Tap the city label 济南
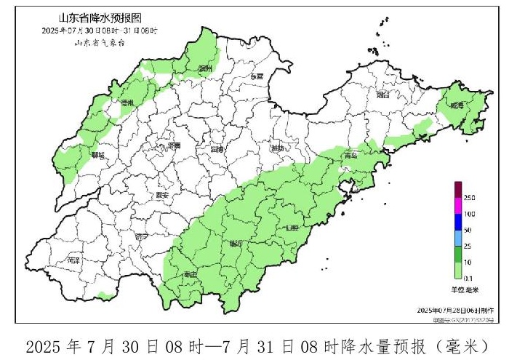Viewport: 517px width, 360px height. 174,145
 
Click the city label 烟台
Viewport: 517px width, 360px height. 383,95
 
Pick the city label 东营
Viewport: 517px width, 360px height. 256,76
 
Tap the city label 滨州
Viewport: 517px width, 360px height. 205,68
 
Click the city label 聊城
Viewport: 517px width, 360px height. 97,155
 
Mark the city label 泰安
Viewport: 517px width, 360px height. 162,195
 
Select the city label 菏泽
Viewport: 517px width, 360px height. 72,259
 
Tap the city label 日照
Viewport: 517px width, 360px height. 292,227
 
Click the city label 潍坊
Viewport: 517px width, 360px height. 277,148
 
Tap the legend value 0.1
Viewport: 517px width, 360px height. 469,277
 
